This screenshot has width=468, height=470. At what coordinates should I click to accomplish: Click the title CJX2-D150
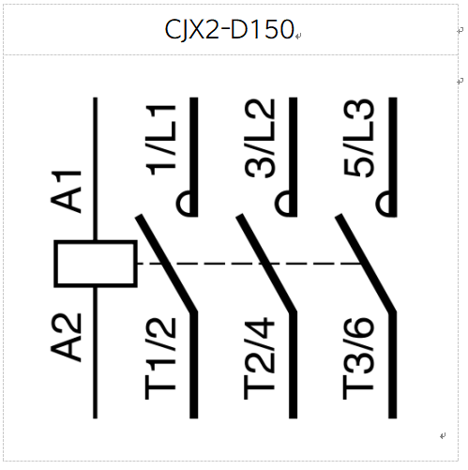229,29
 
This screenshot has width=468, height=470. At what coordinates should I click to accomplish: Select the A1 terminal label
66,191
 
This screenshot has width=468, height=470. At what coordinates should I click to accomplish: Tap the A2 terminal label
66,338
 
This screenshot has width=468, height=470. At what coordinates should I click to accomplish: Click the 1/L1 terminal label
160,141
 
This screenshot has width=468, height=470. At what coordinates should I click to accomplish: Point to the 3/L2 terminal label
260,139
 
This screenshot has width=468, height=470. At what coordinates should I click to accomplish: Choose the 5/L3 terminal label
358,138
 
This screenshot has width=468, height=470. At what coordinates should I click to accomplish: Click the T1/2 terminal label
160,358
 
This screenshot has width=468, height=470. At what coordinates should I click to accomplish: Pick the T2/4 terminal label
259,358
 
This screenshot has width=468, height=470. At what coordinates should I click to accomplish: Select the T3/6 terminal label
358,358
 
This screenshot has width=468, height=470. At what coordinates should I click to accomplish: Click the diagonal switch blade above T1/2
166,264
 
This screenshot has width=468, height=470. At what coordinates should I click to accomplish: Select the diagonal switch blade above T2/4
266,264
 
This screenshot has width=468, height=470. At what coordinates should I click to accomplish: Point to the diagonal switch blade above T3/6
366,264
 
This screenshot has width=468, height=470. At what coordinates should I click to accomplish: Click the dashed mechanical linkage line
249,264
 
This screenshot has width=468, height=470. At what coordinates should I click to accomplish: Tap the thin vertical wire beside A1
96,169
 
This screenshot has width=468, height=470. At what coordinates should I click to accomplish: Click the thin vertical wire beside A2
96,353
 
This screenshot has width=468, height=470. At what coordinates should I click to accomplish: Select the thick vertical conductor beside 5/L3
393,157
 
